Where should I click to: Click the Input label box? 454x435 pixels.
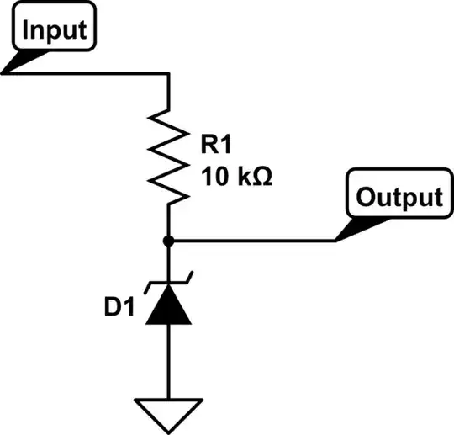click(55, 30)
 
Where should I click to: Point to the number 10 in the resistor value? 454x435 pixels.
click(214, 177)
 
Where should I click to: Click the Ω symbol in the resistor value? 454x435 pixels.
click(261, 177)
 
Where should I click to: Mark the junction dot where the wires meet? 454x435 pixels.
click(169, 241)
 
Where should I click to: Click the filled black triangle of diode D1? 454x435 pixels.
click(169, 306)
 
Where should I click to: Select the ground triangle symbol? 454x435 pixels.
click(169, 411)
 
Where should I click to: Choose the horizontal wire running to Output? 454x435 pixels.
click(252, 241)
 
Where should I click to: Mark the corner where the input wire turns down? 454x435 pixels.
click(169, 74)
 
